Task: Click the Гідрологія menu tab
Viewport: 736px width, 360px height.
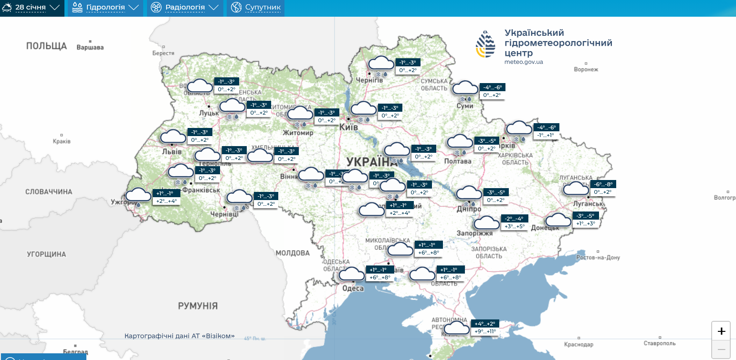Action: coord(105,8)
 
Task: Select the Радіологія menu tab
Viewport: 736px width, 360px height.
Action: coord(185,8)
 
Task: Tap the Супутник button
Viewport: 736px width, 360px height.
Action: coord(256,8)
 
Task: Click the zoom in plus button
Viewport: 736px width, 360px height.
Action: coord(721,331)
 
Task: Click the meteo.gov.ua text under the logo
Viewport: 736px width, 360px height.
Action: coord(524,62)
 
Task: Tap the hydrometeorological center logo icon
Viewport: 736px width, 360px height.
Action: coord(485,44)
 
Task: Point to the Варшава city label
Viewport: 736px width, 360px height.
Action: coord(90,47)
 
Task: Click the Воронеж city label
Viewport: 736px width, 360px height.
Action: coord(587,69)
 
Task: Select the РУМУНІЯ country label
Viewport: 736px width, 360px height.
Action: coord(198,306)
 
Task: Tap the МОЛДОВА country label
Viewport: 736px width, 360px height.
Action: coord(293,253)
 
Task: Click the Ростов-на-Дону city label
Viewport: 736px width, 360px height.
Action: coord(598,257)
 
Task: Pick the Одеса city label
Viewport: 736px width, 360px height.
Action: coord(353,288)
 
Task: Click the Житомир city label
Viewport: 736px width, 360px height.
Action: coord(298,133)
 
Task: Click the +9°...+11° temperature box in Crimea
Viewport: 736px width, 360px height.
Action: coord(485,331)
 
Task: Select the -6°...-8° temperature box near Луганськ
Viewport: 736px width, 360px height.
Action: coord(603,184)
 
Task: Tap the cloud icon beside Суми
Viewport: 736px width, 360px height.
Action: coord(465,88)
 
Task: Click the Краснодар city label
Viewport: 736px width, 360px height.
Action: coord(578,344)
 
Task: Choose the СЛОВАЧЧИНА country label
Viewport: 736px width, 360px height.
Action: coord(49,192)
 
